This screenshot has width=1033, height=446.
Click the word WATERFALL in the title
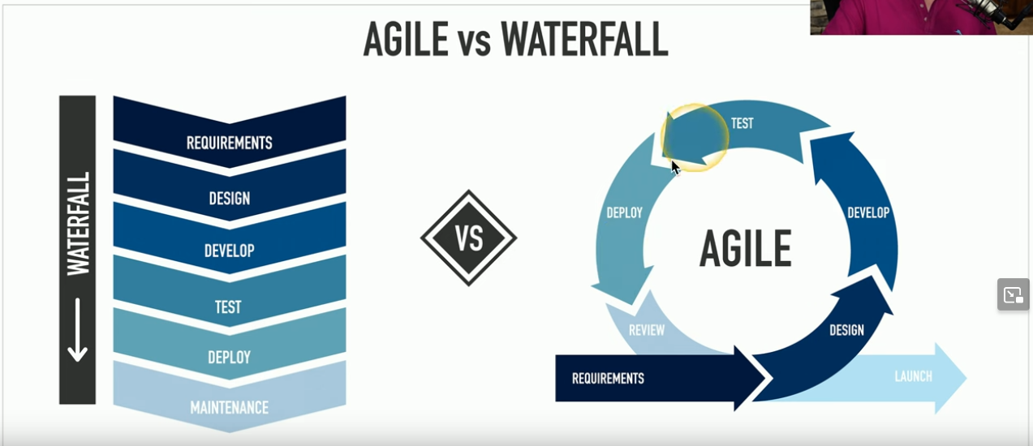tap(583, 40)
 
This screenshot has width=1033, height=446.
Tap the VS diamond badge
tap(468, 238)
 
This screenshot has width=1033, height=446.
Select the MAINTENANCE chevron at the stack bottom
tap(230, 406)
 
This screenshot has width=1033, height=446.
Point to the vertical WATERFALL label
tap(78, 223)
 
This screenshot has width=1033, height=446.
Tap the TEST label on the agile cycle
tap(742, 123)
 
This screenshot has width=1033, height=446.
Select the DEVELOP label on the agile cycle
tap(868, 212)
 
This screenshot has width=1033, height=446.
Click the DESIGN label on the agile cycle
tap(846, 330)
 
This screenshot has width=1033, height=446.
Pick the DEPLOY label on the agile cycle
tap(625, 212)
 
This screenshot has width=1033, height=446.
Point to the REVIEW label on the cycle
tap(647, 330)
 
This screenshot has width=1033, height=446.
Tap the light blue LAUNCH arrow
tap(914, 376)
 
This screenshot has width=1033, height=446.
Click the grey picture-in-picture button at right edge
tap(1014, 294)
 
